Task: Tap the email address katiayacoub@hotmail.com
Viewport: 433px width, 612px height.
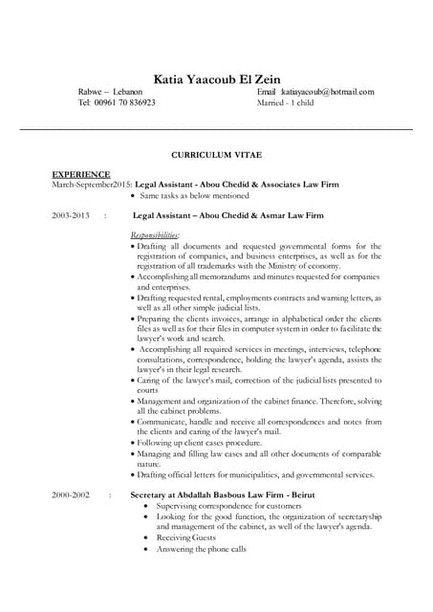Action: [x=322, y=92]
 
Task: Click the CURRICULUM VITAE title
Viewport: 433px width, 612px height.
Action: [x=215, y=153]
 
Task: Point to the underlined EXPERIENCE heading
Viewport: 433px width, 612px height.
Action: [x=80, y=174]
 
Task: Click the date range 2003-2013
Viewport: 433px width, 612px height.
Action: [x=71, y=216]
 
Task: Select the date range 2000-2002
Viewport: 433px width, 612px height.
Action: [x=71, y=494]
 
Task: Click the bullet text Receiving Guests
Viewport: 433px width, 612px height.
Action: [x=186, y=537]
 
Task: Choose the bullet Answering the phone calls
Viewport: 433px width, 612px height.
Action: [x=202, y=549]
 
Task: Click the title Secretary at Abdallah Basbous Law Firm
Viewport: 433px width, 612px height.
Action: [x=223, y=494]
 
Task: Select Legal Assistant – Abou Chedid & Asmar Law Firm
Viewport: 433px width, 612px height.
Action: [x=227, y=216]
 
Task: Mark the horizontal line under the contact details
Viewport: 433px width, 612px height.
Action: [x=216, y=128]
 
